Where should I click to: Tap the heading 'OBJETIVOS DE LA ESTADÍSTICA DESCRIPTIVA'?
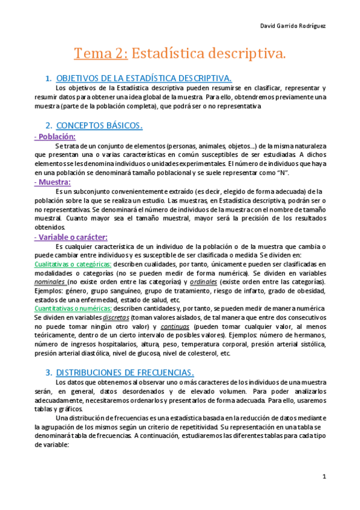144,78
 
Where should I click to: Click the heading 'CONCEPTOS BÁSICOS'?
99,126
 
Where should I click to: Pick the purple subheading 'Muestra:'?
53,182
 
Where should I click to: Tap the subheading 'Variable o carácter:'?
70,237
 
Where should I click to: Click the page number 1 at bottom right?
323,476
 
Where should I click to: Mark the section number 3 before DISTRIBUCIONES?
48,372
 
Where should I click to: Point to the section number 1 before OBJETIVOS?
48,78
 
